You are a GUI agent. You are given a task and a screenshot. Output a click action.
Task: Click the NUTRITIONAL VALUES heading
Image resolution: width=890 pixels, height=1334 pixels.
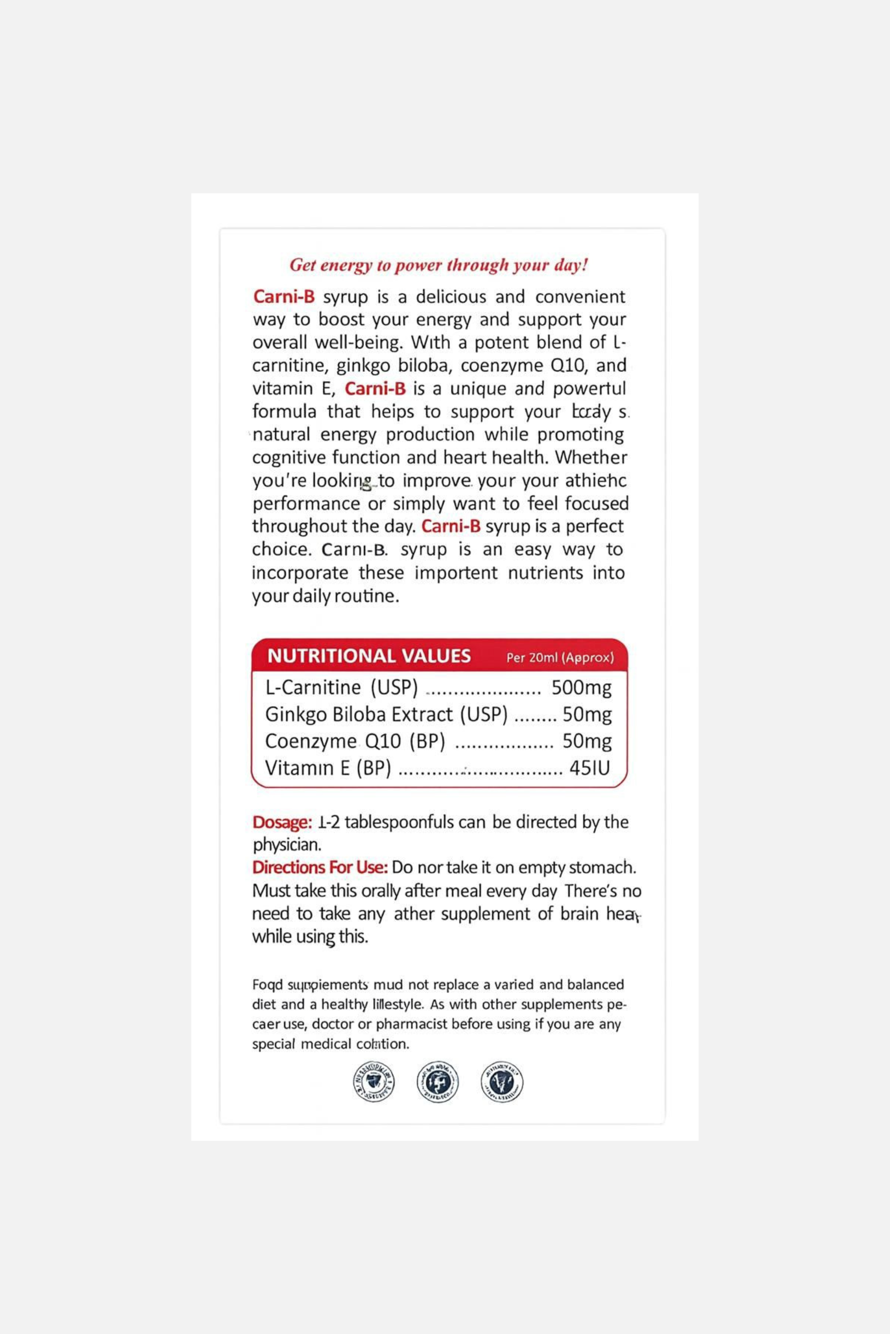click(369, 656)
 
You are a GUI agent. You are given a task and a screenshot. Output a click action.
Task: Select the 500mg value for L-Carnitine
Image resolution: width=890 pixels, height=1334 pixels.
click(582, 687)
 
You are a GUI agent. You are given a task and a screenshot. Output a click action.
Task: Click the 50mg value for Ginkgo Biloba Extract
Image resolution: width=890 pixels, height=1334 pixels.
click(587, 715)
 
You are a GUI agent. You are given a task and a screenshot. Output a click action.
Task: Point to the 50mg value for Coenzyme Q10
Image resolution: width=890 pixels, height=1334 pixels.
click(587, 741)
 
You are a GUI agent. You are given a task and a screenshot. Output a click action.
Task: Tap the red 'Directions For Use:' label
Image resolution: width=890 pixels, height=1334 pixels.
click(320, 867)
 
